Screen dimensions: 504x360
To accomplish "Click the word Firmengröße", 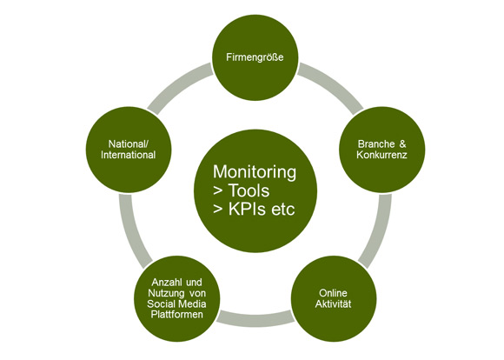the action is coord(255,57).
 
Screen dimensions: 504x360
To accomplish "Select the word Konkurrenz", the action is coord(381,155).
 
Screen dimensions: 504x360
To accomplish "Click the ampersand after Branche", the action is coord(402,143).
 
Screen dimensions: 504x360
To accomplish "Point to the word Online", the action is coord(333,293).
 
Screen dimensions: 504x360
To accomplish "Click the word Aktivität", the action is coord(333,304).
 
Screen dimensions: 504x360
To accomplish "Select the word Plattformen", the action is coord(176,314).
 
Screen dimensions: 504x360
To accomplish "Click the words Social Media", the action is coord(176,303).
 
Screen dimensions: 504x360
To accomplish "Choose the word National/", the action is coord(129,143).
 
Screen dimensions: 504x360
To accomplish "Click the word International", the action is coord(129,155).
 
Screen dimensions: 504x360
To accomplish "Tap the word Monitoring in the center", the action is coord(255,172).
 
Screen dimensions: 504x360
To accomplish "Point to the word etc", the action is coord(283,210).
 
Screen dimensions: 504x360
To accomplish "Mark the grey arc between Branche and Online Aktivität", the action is coord(379,231).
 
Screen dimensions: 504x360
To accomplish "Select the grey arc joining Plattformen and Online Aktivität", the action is coord(255,319).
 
